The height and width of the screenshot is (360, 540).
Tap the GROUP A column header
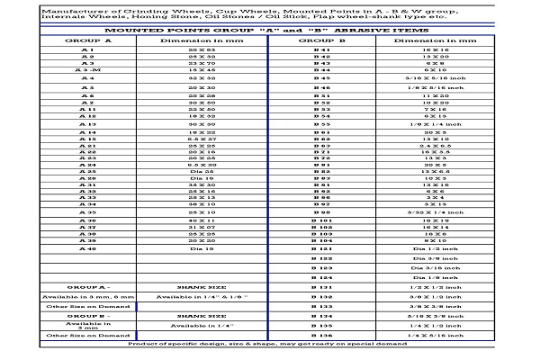click(87, 41)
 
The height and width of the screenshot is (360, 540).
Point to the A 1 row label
click(87, 52)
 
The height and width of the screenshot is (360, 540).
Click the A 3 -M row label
click(87, 69)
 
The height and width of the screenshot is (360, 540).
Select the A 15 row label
click(87, 139)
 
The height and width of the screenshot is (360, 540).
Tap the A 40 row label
click(87, 247)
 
